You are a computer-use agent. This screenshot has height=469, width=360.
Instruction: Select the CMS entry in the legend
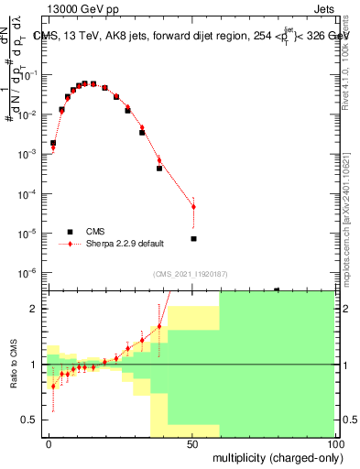(x=96, y=231)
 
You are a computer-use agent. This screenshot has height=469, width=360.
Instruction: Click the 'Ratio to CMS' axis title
(x=16, y=365)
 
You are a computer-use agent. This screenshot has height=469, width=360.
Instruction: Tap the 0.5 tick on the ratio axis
(x=30, y=420)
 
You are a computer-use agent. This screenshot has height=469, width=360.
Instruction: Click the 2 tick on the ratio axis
(x=35, y=310)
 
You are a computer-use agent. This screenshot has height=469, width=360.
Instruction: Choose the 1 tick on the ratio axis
(x=35, y=365)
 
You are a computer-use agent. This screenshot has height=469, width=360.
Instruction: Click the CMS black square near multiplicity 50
(x=193, y=239)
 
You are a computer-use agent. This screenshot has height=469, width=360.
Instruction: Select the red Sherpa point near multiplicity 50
(x=193, y=207)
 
